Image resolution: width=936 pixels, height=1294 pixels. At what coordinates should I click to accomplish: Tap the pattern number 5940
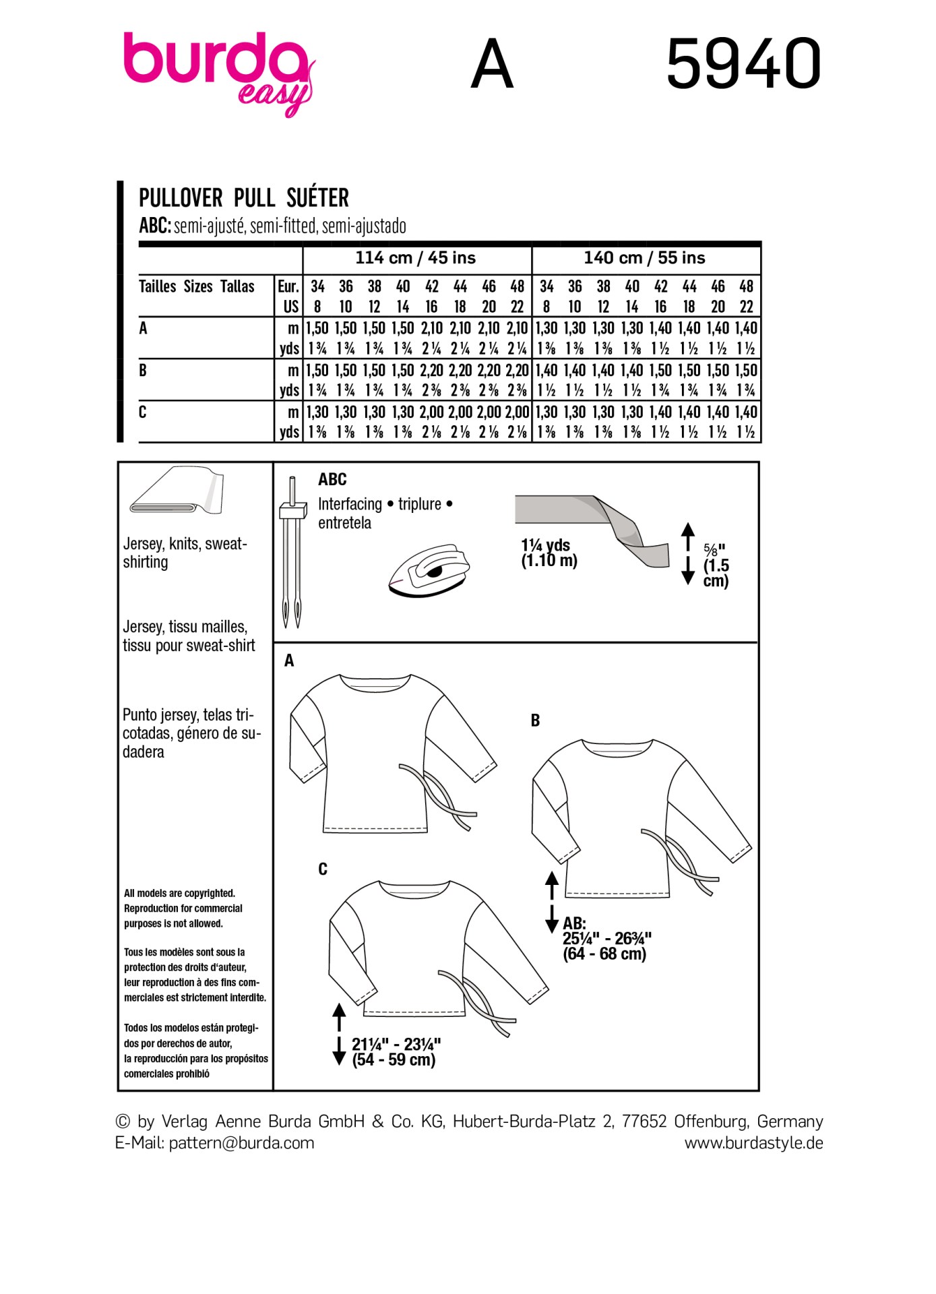743,64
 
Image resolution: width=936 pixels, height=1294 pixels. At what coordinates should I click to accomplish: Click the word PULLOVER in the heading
181,198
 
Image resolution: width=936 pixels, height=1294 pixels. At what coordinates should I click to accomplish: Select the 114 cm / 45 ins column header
416,258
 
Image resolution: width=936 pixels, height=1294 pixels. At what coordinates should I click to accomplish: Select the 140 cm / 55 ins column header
644,258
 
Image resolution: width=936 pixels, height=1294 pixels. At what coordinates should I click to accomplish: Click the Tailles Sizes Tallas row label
197,286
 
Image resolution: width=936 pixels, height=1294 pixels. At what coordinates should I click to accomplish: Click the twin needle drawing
292,553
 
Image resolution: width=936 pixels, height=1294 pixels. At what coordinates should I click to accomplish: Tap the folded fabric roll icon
177,490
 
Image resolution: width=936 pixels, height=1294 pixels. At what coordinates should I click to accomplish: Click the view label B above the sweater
535,720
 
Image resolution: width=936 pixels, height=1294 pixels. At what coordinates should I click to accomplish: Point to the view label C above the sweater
323,869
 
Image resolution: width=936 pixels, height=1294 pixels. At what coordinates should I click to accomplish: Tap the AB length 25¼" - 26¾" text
606,939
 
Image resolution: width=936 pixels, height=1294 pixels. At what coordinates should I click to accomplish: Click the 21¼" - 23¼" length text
396,1052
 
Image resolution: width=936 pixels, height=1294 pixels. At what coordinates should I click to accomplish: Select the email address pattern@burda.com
241,1143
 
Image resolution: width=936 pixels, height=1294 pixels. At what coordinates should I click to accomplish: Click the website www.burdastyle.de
753,1143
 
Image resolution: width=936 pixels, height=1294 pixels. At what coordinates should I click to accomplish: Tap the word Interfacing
350,504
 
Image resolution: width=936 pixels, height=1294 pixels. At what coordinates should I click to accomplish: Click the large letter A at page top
492,64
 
